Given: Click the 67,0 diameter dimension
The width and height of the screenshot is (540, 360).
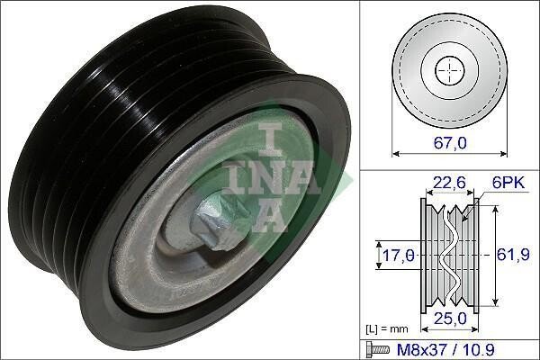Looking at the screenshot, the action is pos(450,142).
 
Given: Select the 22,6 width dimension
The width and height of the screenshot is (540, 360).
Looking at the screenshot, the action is pos(449,183).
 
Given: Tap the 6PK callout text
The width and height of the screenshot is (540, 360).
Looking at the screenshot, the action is pos(508,183).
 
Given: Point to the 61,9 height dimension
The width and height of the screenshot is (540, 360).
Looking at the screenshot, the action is pos(513,255).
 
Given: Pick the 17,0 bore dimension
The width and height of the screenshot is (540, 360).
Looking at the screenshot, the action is pos(399,256).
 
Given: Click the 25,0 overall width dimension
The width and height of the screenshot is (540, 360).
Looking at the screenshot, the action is pos(450,319).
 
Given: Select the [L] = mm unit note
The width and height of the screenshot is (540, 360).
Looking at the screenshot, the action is pos(386,329).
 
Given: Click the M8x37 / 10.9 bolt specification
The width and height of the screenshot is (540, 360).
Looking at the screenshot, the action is pos(446,350).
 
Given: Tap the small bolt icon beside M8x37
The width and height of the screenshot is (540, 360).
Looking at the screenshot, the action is pos(378,350).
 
